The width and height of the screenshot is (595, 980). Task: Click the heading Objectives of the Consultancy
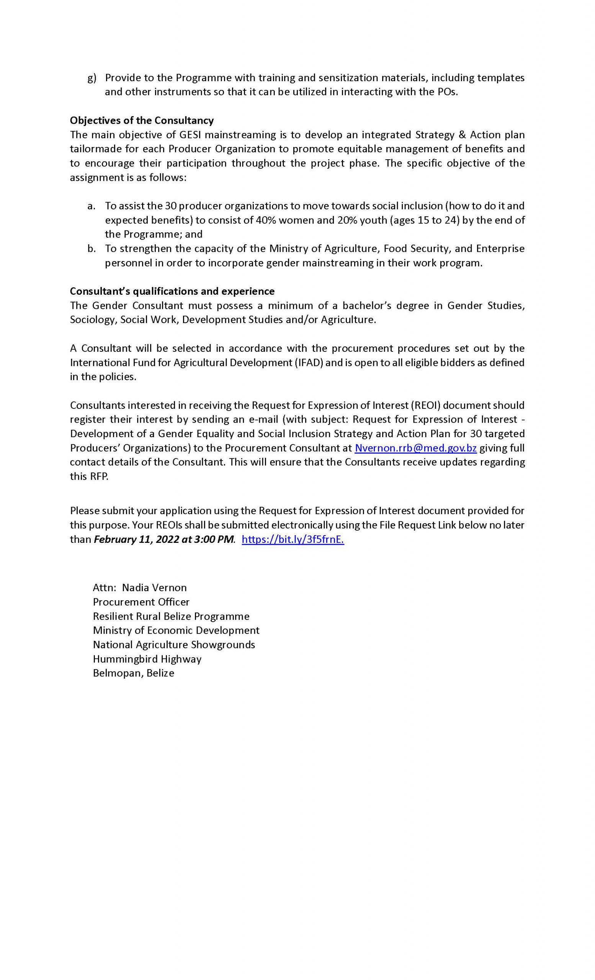coord(142,120)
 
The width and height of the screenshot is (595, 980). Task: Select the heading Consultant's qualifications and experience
coord(172,291)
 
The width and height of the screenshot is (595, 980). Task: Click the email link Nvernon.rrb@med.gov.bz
coord(415,448)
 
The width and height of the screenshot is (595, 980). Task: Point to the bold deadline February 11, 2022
coord(132,539)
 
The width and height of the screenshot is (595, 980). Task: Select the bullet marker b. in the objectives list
coord(92,248)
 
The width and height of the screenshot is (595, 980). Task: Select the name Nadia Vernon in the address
coord(154,588)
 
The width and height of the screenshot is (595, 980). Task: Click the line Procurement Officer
coord(141,602)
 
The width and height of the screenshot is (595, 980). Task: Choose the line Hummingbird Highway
coord(147,659)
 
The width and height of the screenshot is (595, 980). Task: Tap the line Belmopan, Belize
coord(133,673)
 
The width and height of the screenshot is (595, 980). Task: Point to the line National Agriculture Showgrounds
coord(174,645)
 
